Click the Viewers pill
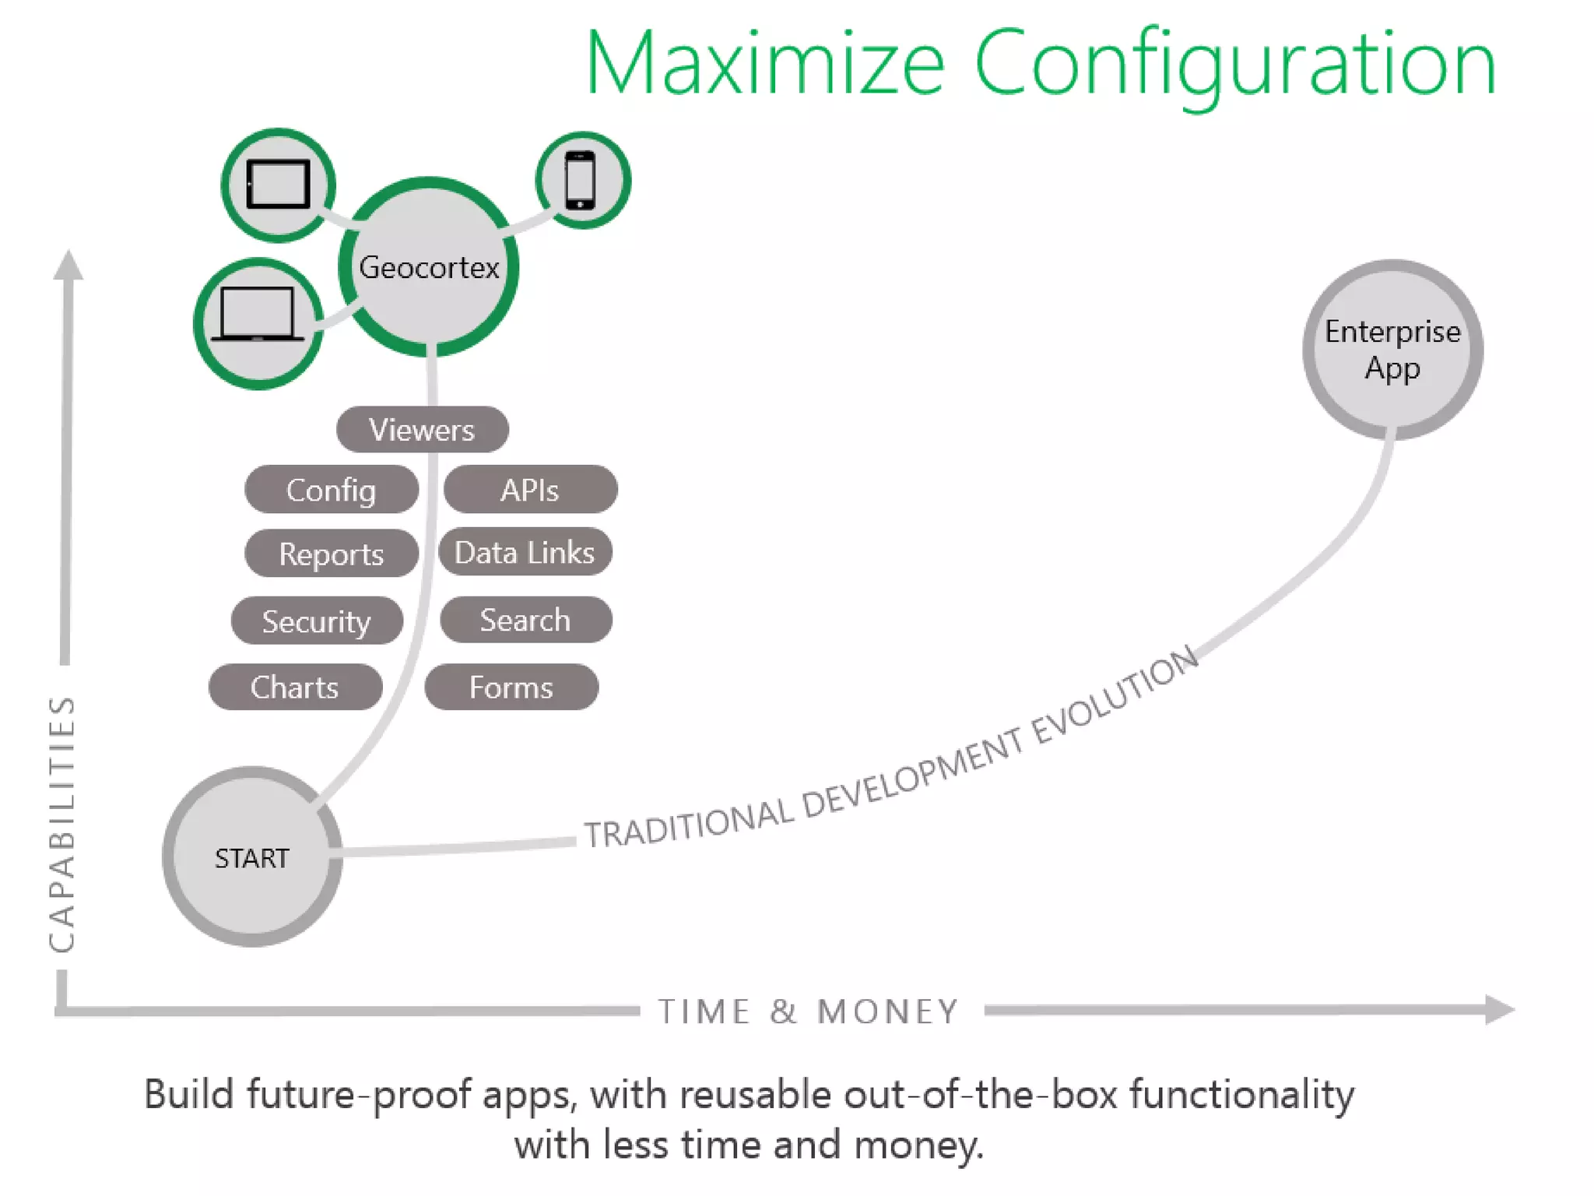422,430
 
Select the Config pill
332,490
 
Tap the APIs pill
530,490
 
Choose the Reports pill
332,554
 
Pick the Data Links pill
525,553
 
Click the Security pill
317,621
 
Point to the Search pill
525,620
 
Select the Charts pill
295,687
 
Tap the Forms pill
511,687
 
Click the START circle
252,857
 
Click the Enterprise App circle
1392,350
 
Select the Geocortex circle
429,267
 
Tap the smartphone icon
581,181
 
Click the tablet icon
278,185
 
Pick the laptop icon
258,315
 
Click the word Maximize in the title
764,64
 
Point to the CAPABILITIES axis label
62,824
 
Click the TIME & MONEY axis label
809,1011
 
